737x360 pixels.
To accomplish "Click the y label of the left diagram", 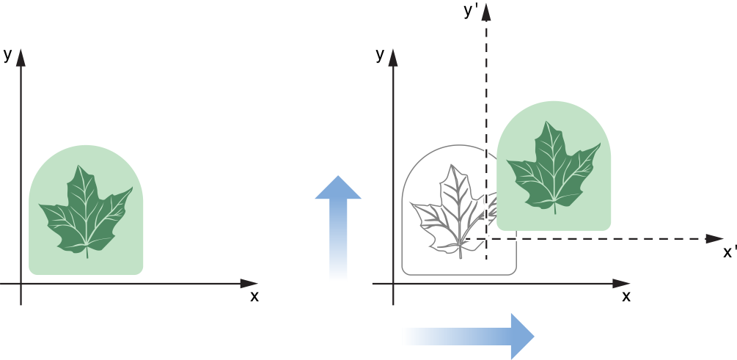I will pyautogui.click(x=7, y=54).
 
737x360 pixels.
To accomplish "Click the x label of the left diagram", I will pyautogui.click(x=254, y=296).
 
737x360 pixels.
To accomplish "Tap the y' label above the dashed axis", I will pyautogui.click(x=472, y=10).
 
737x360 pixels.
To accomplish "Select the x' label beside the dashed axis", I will pyautogui.click(x=729, y=252).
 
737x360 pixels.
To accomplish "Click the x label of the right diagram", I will pyautogui.click(x=626, y=296).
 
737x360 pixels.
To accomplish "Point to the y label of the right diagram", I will pyautogui.click(x=380, y=54).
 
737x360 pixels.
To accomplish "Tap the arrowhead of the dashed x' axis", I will pyautogui.click(x=714, y=239).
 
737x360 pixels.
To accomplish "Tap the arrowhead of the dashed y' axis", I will pyautogui.click(x=486, y=12).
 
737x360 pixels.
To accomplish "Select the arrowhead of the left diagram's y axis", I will pyautogui.click(x=21, y=56).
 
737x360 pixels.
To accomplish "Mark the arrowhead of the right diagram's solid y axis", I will pyautogui.click(x=393, y=56).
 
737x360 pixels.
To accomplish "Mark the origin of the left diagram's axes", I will pyautogui.click(x=21, y=283).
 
